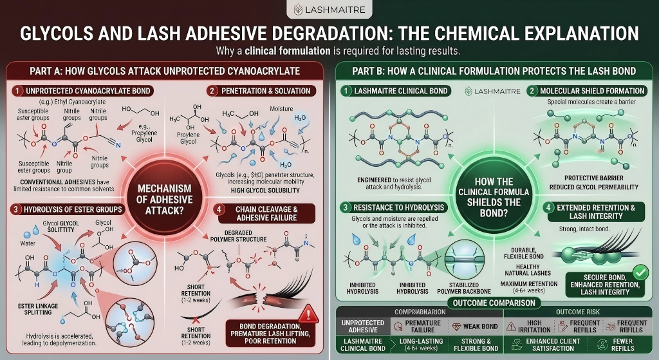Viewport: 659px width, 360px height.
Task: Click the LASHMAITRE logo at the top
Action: [329, 10]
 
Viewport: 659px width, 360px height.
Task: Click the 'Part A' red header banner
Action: [165, 70]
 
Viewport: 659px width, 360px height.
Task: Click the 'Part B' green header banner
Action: [494, 70]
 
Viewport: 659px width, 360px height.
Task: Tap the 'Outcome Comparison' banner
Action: [494, 303]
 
